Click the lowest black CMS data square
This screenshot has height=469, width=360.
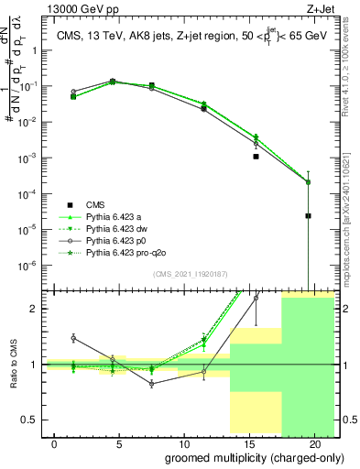(x=309, y=216)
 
